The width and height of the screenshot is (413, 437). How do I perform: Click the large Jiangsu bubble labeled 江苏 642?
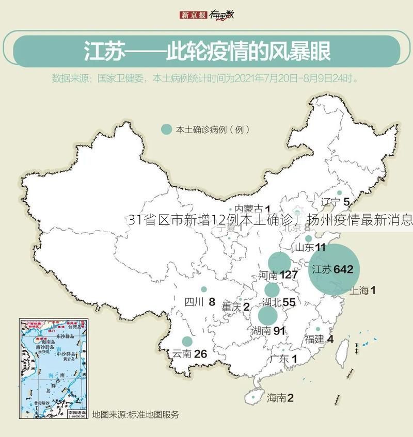coord(334,269)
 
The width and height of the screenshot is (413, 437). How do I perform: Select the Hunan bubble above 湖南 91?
coord(268,316)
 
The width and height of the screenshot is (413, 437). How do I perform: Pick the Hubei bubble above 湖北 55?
coord(272,290)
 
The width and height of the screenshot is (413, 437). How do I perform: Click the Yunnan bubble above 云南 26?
coord(187,341)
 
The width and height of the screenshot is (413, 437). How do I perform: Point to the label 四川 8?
coord(200,302)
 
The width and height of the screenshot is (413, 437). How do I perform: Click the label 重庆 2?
coord(235,306)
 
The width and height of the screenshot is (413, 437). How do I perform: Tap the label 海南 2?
coord(280,398)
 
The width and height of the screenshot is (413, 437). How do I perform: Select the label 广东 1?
coord(283,359)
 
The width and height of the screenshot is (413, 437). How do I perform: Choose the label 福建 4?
coord(319,339)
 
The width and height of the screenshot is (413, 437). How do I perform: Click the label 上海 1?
coord(362,290)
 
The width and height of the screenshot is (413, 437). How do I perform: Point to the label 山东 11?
coord(310,247)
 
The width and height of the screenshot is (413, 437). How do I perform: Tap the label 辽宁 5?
coord(335,202)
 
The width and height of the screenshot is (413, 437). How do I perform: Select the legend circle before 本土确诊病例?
coord(166,130)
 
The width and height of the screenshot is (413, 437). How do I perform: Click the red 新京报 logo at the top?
coord(193,15)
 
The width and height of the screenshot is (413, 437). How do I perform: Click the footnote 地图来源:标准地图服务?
coord(135,414)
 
